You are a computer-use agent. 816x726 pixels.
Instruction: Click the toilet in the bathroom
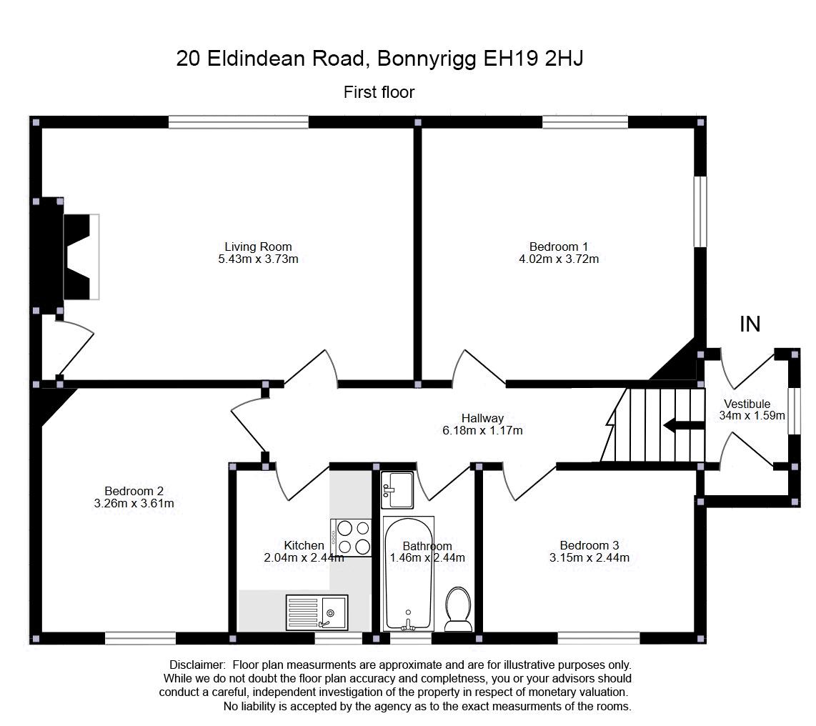point(457,610)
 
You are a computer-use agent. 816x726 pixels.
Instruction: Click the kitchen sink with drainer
point(316,612)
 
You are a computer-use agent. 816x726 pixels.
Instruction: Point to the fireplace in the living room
point(80,257)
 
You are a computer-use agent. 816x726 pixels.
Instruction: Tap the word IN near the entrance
point(750,324)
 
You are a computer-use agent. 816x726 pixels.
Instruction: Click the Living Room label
point(258,247)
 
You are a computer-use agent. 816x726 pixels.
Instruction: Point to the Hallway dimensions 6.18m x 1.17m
point(482,431)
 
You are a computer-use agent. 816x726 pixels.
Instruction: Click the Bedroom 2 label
point(134,491)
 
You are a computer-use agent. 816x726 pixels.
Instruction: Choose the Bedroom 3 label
point(589,545)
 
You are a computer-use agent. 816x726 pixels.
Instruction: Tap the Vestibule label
point(747,404)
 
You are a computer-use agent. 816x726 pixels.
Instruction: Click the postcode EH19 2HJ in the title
point(534,59)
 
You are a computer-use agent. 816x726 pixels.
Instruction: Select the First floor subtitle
point(379,92)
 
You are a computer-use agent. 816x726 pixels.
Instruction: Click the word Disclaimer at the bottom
point(197,665)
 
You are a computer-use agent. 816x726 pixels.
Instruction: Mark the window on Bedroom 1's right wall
point(701,211)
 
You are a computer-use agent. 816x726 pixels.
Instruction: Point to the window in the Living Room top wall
point(239,122)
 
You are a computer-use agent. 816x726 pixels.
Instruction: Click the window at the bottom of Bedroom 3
point(599,638)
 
